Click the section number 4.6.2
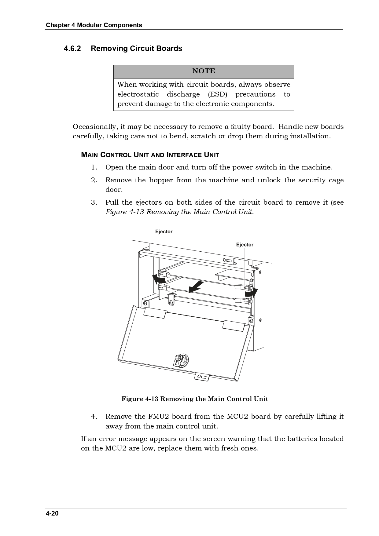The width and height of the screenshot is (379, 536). point(72,49)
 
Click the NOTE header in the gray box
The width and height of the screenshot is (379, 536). point(204,71)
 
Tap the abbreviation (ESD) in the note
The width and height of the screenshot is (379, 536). point(217,94)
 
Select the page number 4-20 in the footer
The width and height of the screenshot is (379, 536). point(52,513)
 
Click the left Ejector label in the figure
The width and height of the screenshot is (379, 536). point(164,232)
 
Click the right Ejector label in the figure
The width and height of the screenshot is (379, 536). point(245,245)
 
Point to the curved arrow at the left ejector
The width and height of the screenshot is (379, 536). point(158,279)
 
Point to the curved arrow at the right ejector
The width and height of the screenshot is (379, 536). point(251,293)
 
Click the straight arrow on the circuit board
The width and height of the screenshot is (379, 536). point(196,287)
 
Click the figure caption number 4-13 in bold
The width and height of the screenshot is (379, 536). point(152,399)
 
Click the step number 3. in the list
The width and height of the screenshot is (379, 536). point(94,202)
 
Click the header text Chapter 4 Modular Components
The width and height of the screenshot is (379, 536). point(94,25)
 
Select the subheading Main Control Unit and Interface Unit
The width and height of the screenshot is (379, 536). point(150,155)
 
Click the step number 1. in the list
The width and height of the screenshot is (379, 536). point(94,167)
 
